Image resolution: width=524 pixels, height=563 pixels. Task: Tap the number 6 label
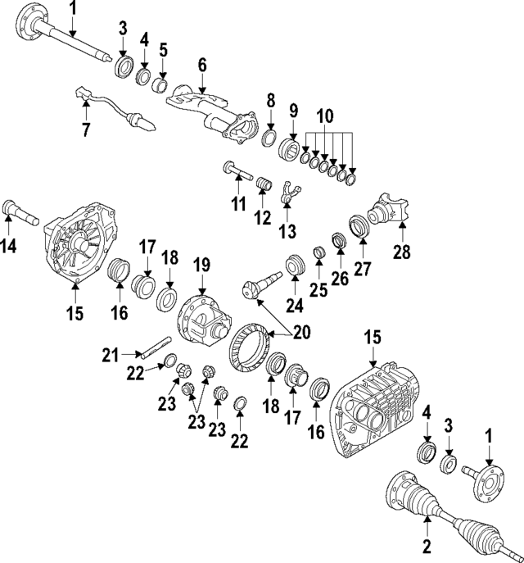tap(202, 64)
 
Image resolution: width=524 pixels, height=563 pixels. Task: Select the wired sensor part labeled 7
tap(111, 107)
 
